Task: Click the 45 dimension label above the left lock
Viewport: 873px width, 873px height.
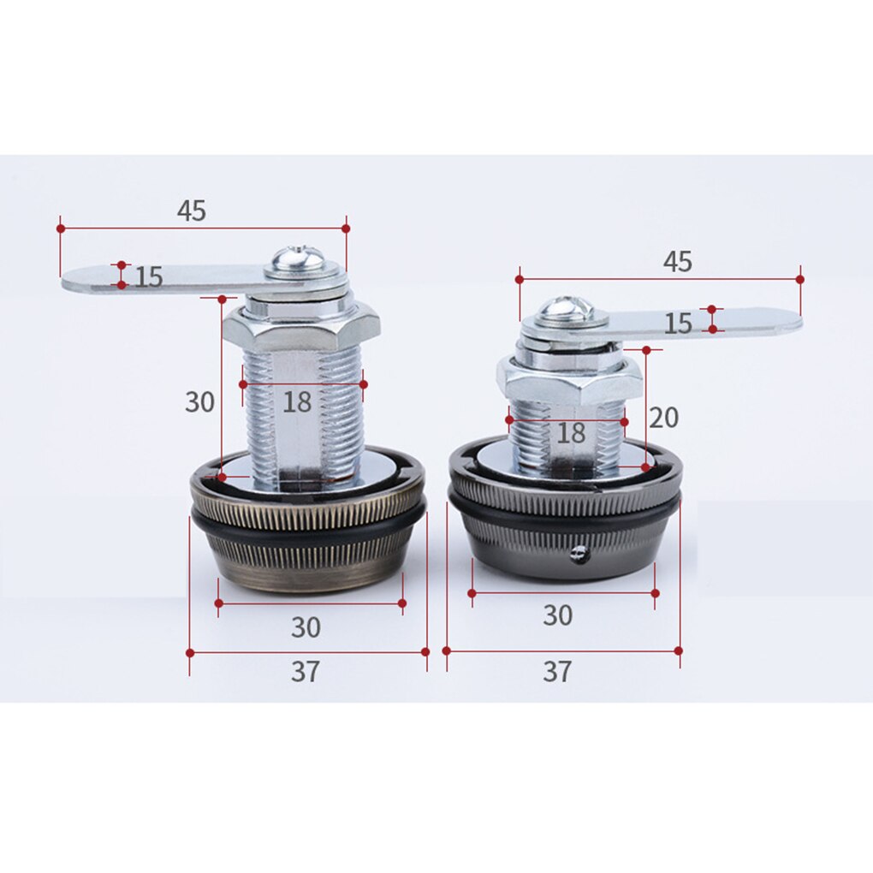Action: coord(192,211)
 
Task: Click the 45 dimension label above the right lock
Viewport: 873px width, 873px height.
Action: coord(678,262)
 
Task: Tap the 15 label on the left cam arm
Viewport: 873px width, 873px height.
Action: coord(149,276)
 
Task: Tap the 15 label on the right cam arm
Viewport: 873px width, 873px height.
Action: coord(678,324)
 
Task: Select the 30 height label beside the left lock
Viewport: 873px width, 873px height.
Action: coord(199,401)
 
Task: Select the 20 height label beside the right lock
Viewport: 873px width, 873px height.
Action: coord(663,418)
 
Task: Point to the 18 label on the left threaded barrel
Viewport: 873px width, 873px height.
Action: coord(297,402)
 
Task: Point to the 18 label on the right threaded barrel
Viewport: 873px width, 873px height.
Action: coord(571,432)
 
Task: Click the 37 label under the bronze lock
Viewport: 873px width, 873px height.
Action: coord(306,672)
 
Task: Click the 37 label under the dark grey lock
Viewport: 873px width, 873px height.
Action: coord(557,672)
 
